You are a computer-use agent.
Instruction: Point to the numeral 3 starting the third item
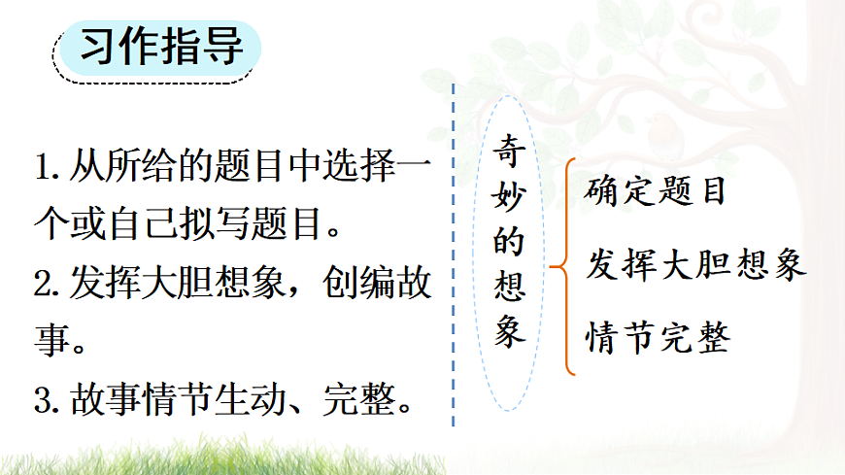click(42, 398)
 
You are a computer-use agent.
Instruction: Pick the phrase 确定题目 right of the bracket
click(656, 190)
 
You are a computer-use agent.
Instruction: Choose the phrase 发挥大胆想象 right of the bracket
click(695, 264)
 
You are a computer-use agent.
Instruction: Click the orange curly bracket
click(564, 264)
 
